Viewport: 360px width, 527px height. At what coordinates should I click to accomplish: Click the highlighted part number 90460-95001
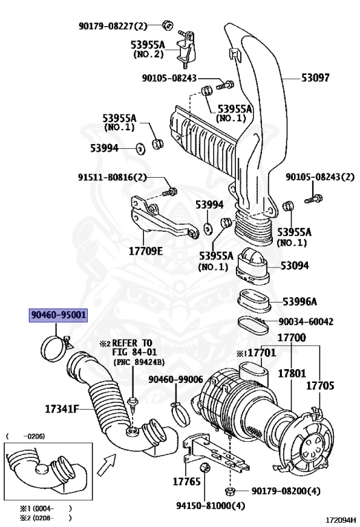(x=58, y=316)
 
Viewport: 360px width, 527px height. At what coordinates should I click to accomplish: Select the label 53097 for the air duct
(x=315, y=78)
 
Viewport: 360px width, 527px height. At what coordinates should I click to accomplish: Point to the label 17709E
(x=145, y=250)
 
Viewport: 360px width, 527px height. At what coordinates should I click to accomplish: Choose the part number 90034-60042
(x=306, y=321)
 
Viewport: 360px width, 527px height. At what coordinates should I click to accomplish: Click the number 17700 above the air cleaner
(x=291, y=338)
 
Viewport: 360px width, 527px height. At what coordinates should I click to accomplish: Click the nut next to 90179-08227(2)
(x=167, y=26)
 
